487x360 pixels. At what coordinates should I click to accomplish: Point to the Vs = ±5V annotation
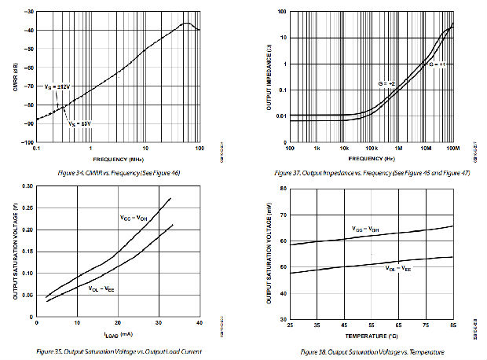79,123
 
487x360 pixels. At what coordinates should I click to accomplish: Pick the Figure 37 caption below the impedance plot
371,172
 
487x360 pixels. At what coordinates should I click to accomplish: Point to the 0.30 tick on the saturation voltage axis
26,187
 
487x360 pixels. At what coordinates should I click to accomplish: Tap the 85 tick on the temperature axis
452,325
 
